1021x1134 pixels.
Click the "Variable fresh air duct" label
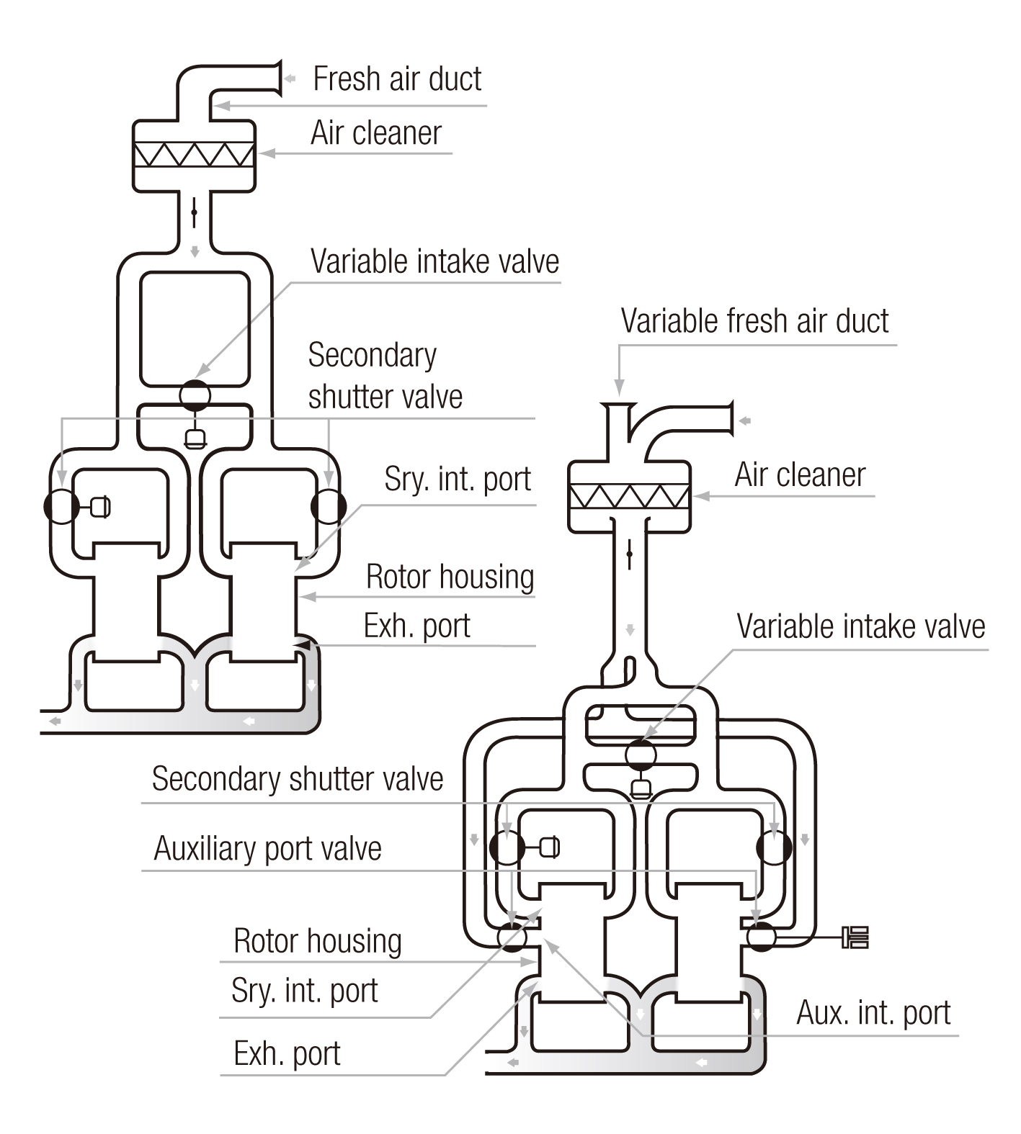[754, 321]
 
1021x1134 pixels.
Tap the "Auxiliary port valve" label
[267, 849]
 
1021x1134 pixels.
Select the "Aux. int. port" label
[873, 1013]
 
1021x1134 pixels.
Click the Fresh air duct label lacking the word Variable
[397, 79]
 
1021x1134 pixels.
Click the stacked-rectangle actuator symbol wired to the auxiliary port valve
[855, 937]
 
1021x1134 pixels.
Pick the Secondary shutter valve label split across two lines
[385, 376]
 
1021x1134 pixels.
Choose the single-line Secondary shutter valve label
[298, 779]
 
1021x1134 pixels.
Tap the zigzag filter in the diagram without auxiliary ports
[195, 154]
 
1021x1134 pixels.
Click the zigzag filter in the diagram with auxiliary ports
[630, 497]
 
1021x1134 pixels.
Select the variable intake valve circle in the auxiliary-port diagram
[641, 755]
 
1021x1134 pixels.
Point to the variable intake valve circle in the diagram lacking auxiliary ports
[195, 395]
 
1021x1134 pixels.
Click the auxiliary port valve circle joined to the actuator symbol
[761, 937]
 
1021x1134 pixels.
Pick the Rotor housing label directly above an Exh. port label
[450, 577]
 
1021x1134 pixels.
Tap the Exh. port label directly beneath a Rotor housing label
[416, 626]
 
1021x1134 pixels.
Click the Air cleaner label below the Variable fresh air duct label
[800, 475]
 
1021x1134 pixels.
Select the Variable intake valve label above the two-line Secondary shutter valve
[434, 261]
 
